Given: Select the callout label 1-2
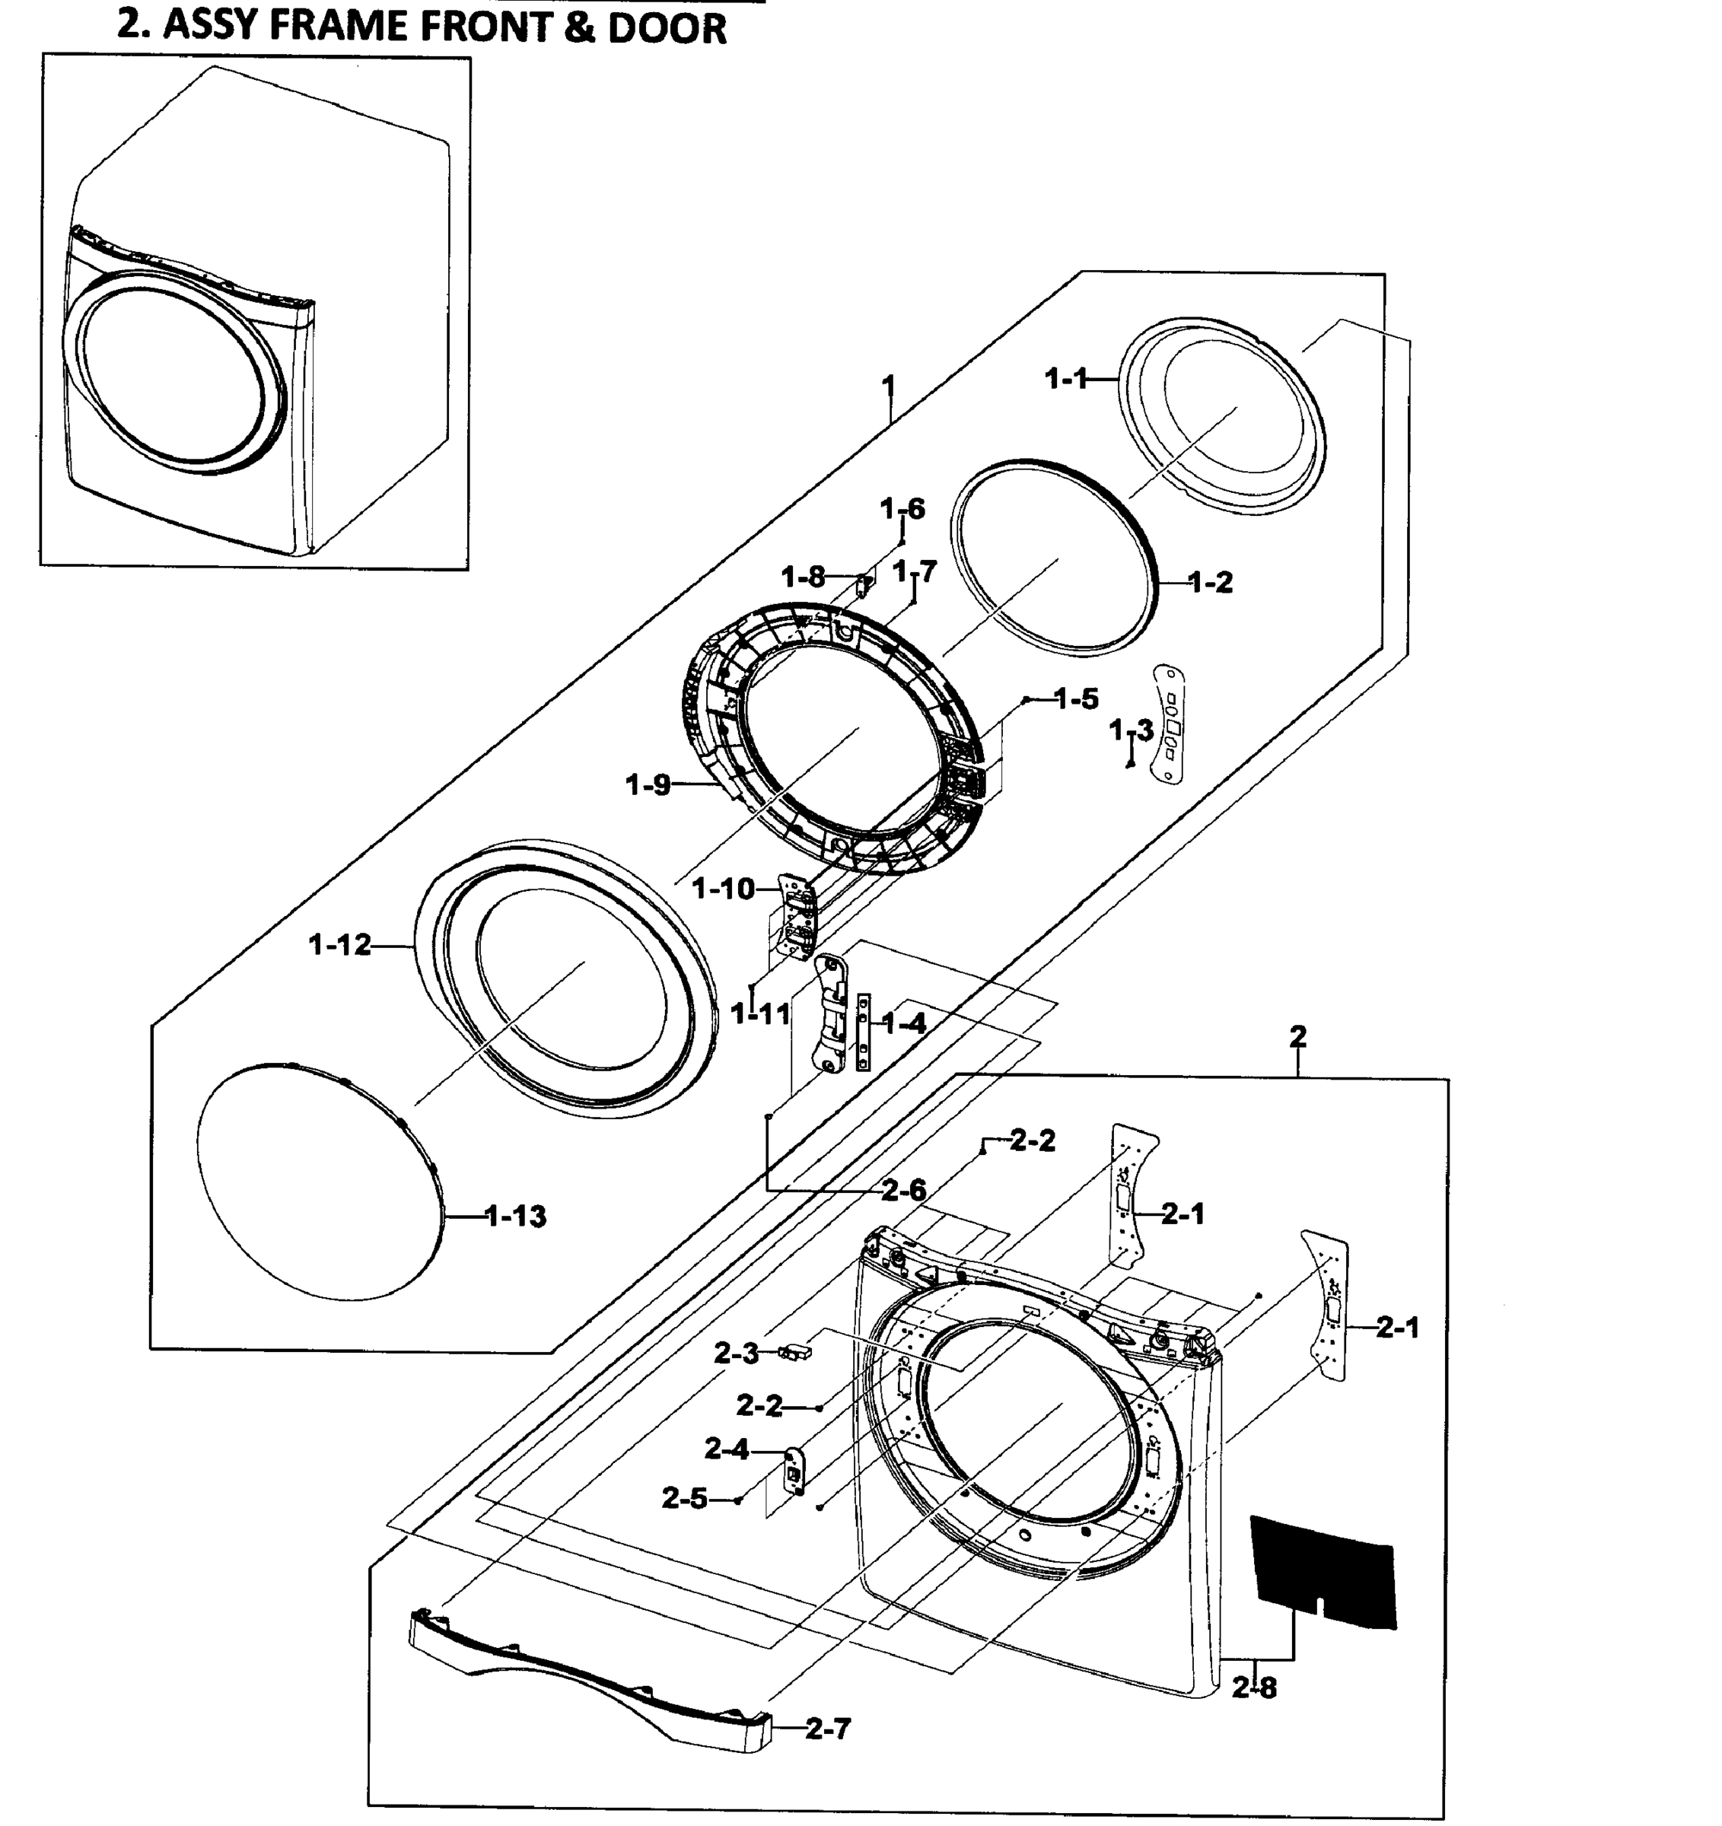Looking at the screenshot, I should pos(1210,581).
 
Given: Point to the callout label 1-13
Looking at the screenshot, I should pos(515,1217).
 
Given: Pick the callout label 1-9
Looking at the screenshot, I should pos(648,785).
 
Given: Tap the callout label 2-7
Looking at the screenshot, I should pos(829,1729).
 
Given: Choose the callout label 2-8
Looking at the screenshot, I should pos(1255,1688).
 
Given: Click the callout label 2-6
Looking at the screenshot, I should pos(904,1191).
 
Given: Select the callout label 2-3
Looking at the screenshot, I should pos(737,1353).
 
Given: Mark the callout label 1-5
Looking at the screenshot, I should pos(1077,699).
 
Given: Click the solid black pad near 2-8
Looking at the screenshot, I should pos(1323,1575).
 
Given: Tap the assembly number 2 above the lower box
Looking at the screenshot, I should pos(1297,1037).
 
